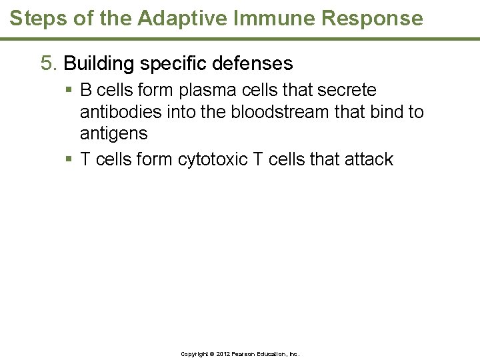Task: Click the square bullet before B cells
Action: point(69,90)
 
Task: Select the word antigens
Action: point(113,133)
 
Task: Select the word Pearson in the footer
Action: point(246,354)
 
